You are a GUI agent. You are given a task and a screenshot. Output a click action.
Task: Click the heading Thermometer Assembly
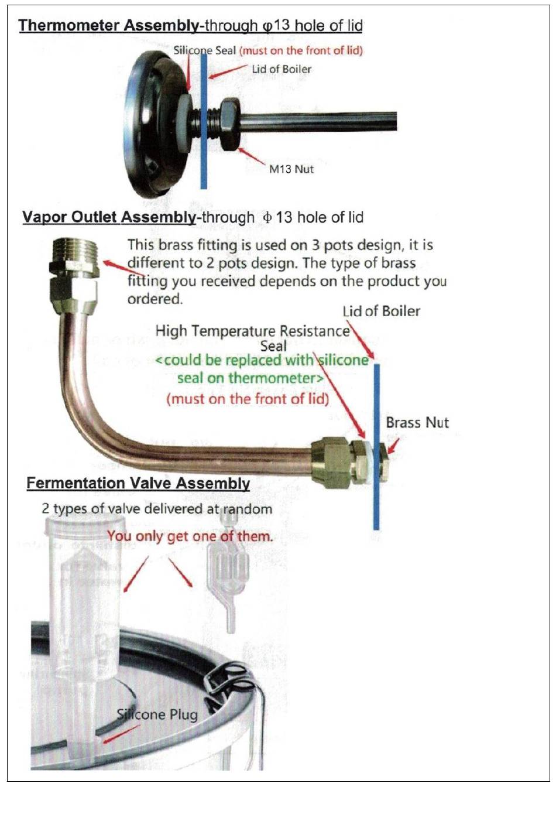pyautogui.click(x=109, y=26)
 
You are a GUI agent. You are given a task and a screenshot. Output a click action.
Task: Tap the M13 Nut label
pyautogui.click(x=291, y=169)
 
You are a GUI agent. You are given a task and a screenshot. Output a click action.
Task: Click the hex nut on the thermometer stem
pyautogui.click(x=229, y=125)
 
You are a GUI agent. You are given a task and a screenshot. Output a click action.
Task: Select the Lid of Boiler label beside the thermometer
pyautogui.click(x=282, y=69)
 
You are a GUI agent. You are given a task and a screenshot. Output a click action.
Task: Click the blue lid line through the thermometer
pyautogui.click(x=204, y=121)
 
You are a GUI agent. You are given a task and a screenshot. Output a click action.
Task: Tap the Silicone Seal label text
pyautogui.click(x=204, y=50)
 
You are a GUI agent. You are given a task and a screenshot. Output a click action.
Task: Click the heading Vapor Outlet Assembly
pyautogui.click(x=109, y=217)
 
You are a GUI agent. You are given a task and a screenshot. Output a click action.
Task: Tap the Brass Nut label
pyautogui.click(x=417, y=423)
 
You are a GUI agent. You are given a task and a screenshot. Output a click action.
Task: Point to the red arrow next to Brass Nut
pyautogui.click(x=393, y=445)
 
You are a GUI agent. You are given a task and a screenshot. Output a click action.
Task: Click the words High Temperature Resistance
pyautogui.click(x=252, y=331)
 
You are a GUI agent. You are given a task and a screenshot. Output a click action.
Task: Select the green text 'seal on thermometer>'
pyautogui.click(x=250, y=378)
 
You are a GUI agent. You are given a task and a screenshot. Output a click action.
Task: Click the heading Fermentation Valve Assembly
pyautogui.click(x=138, y=483)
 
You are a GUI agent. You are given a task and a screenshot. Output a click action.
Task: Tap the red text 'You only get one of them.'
pyautogui.click(x=190, y=536)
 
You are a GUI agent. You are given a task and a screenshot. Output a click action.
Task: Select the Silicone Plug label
pyautogui.click(x=157, y=714)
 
